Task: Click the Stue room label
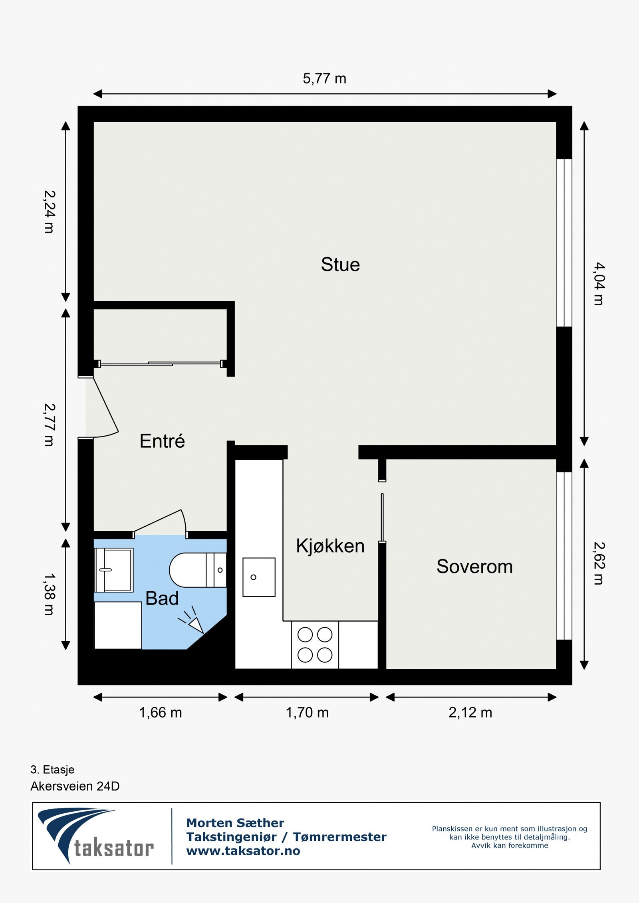point(340,265)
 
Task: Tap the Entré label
point(162,441)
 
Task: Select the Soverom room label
point(474,567)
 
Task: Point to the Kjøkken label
point(330,546)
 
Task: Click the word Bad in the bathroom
point(162,599)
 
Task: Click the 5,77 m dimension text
point(324,79)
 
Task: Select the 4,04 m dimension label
point(598,284)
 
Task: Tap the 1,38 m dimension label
point(49,595)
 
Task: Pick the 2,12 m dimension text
point(470,713)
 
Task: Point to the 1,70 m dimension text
point(307,713)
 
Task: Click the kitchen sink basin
point(259,577)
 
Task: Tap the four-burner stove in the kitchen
point(315,645)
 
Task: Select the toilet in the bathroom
point(192,570)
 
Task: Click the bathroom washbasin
point(114,570)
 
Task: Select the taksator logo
point(96,836)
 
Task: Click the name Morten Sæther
point(235,823)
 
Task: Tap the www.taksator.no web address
point(243,851)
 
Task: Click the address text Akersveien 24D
point(75,786)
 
